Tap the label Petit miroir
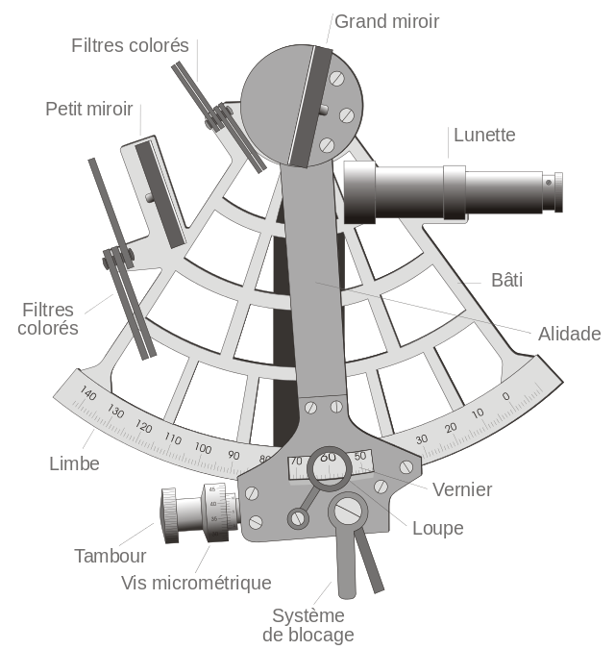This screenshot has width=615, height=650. (x=89, y=109)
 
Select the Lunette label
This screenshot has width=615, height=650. (x=484, y=135)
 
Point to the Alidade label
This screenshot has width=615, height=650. (x=569, y=334)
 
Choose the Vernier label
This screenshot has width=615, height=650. (x=462, y=489)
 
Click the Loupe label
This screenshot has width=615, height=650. (x=437, y=528)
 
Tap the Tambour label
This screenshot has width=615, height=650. (x=111, y=556)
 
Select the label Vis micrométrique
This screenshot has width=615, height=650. (x=197, y=583)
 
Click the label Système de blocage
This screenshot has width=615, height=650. (x=307, y=625)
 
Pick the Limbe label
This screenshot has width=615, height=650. (x=74, y=463)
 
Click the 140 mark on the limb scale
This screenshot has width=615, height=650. (x=88, y=394)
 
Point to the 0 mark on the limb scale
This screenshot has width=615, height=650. (x=505, y=396)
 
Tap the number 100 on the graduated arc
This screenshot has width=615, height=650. (x=202, y=449)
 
